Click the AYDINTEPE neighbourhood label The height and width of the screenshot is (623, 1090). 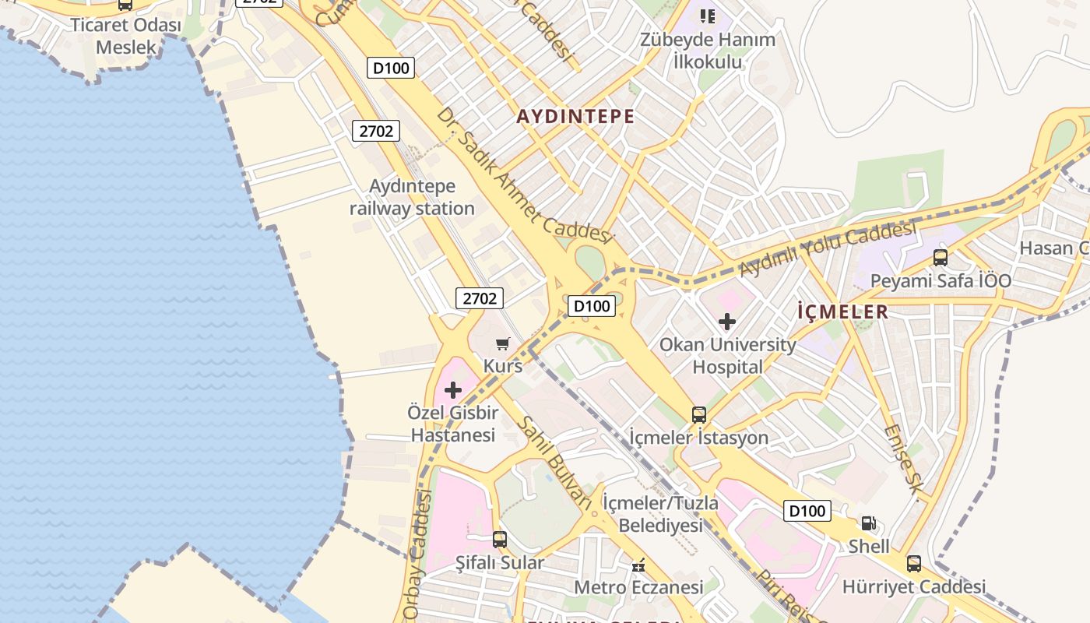575,117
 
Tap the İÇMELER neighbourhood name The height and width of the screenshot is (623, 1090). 842,311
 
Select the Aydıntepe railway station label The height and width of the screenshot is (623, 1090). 412,198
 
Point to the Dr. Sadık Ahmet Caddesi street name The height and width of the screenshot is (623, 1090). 524,175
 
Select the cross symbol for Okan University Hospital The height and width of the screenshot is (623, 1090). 727,321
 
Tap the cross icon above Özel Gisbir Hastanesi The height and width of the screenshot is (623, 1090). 452,389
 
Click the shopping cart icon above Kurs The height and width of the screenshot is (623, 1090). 503,343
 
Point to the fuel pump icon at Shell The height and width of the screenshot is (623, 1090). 868,524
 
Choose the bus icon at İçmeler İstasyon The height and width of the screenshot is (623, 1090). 699,414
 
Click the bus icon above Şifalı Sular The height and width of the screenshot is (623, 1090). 500,539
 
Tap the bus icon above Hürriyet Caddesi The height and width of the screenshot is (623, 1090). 914,564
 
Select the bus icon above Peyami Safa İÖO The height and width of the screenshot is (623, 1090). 941,257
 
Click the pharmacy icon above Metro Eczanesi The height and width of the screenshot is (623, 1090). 638,565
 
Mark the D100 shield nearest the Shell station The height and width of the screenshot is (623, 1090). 807,511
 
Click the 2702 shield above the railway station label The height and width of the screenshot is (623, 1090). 376,131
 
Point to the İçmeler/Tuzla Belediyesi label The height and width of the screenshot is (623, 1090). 660,514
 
